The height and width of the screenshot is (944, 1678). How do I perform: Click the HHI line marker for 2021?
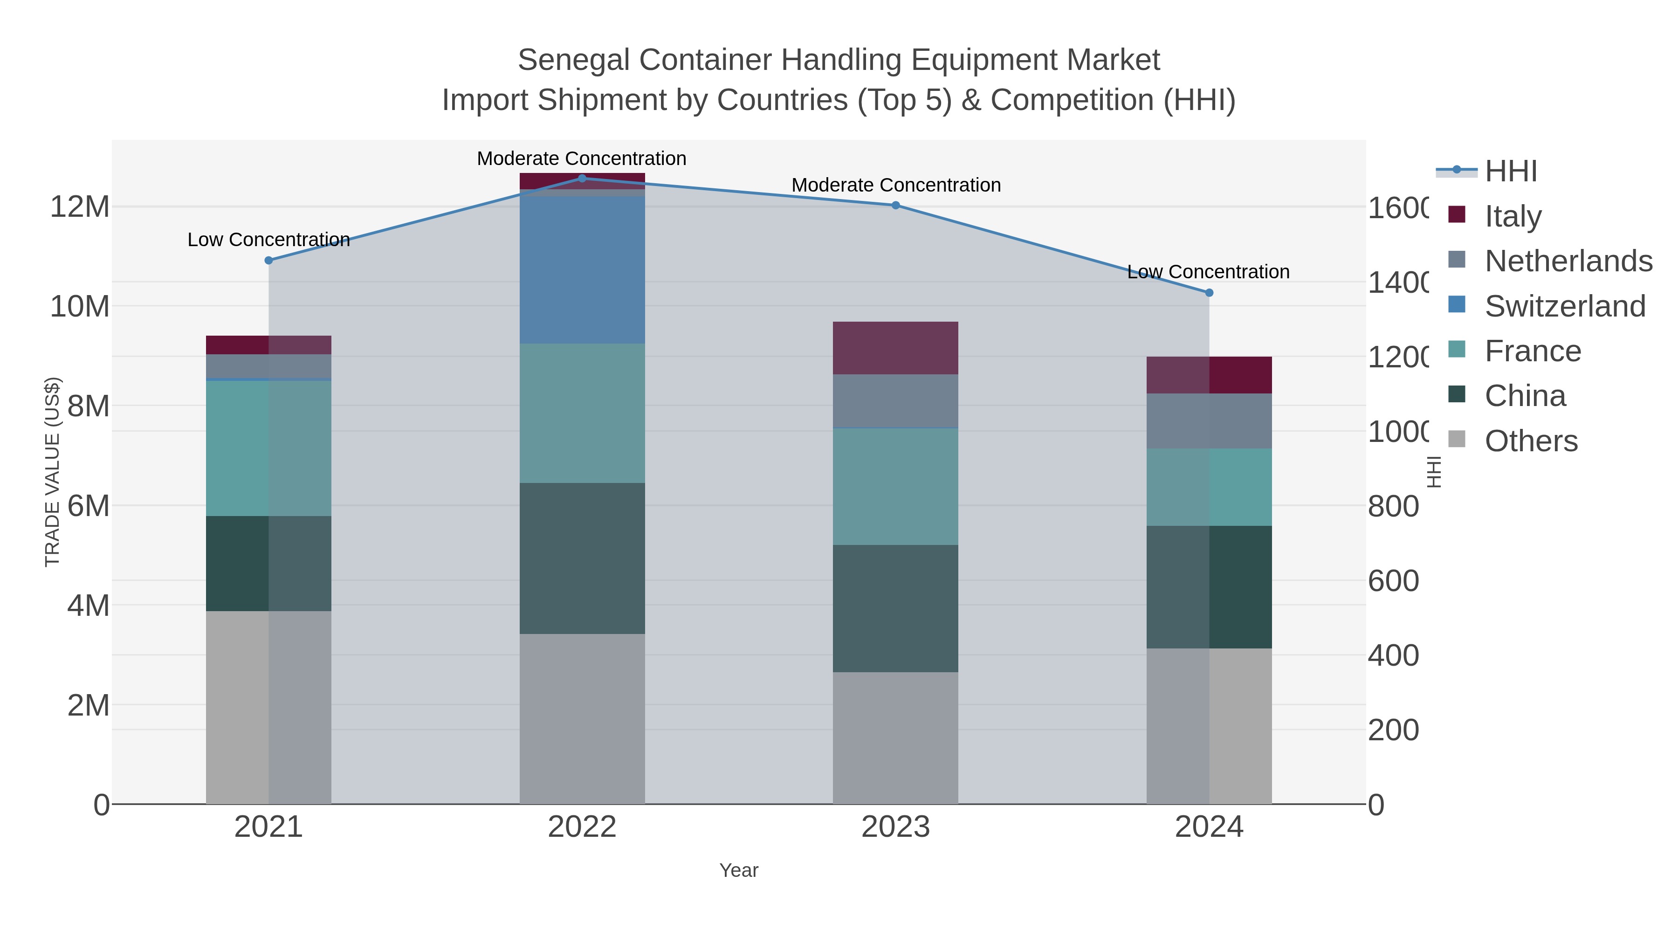pos(268,261)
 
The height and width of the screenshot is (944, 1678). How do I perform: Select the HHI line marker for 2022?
pos(582,179)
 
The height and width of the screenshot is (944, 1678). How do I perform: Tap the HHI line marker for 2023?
pos(896,205)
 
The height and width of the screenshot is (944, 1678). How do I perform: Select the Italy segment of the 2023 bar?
pos(896,348)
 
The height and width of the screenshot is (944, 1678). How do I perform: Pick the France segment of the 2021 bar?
pos(268,448)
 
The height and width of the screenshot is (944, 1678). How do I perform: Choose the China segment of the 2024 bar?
pos(1210,587)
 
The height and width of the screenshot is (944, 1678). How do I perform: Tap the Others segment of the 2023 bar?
pos(896,738)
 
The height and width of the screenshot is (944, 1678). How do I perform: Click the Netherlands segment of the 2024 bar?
pos(1210,421)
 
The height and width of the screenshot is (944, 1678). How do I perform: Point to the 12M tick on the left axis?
pos(79,207)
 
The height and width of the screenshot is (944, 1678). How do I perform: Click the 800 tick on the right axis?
pos(1393,506)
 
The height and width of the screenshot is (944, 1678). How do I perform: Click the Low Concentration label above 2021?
pos(268,240)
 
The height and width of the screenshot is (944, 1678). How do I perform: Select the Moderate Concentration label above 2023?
pos(896,185)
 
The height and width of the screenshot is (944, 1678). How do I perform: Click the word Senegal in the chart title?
pos(573,60)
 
